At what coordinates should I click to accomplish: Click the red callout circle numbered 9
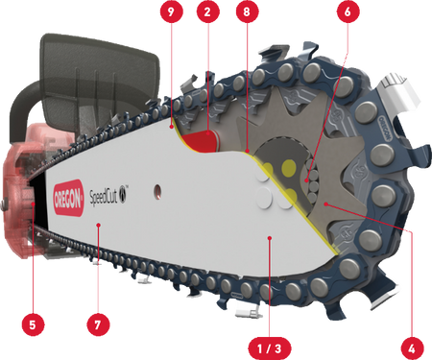(x=171, y=12)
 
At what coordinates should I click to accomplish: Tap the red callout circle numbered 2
(x=208, y=12)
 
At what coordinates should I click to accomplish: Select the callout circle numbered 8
(x=247, y=12)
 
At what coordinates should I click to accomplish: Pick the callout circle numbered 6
(x=348, y=12)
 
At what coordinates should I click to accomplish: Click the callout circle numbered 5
(x=33, y=324)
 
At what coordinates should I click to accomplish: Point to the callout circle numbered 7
(x=98, y=324)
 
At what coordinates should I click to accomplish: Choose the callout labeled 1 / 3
(x=270, y=348)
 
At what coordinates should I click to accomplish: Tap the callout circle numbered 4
(x=412, y=348)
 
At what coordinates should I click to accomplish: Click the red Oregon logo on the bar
(x=68, y=198)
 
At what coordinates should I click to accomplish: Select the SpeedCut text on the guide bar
(x=105, y=196)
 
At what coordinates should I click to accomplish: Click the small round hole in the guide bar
(x=157, y=191)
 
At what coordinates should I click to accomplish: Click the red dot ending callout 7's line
(x=99, y=225)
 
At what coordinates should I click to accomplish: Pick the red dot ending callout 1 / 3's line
(x=270, y=238)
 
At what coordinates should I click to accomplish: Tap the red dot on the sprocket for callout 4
(x=325, y=204)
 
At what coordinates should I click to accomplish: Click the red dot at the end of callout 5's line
(x=34, y=204)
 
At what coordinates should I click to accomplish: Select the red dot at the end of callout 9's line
(x=172, y=127)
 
